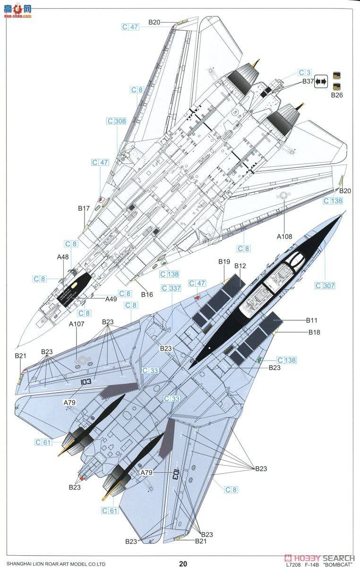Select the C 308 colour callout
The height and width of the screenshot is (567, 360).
(x=116, y=121)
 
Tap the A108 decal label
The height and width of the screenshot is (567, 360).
(x=285, y=236)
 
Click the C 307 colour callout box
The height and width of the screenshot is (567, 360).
(x=325, y=285)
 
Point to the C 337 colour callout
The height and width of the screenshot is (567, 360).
(x=171, y=288)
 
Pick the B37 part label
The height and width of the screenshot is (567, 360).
(x=309, y=81)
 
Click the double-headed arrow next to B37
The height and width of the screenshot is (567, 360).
(x=321, y=81)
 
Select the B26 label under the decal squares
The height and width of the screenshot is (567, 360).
(x=336, y=95)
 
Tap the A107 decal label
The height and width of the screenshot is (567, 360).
(x=76, y=324)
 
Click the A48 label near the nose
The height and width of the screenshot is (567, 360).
(x=63, y=257)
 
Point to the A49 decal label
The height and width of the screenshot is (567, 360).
(x=111, y=299)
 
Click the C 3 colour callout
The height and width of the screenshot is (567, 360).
(x=305, y=73)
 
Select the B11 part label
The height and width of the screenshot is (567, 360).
(x=312, y=320)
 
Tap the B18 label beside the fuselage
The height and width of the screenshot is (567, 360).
(x=314, y=332)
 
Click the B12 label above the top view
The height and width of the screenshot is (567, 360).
(x=240, y=266)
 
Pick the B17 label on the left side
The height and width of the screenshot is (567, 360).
(x=84, y=208)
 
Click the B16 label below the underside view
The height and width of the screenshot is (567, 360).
(x=147, y=294)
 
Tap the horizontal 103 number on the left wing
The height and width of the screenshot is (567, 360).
(x=86, y=381)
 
